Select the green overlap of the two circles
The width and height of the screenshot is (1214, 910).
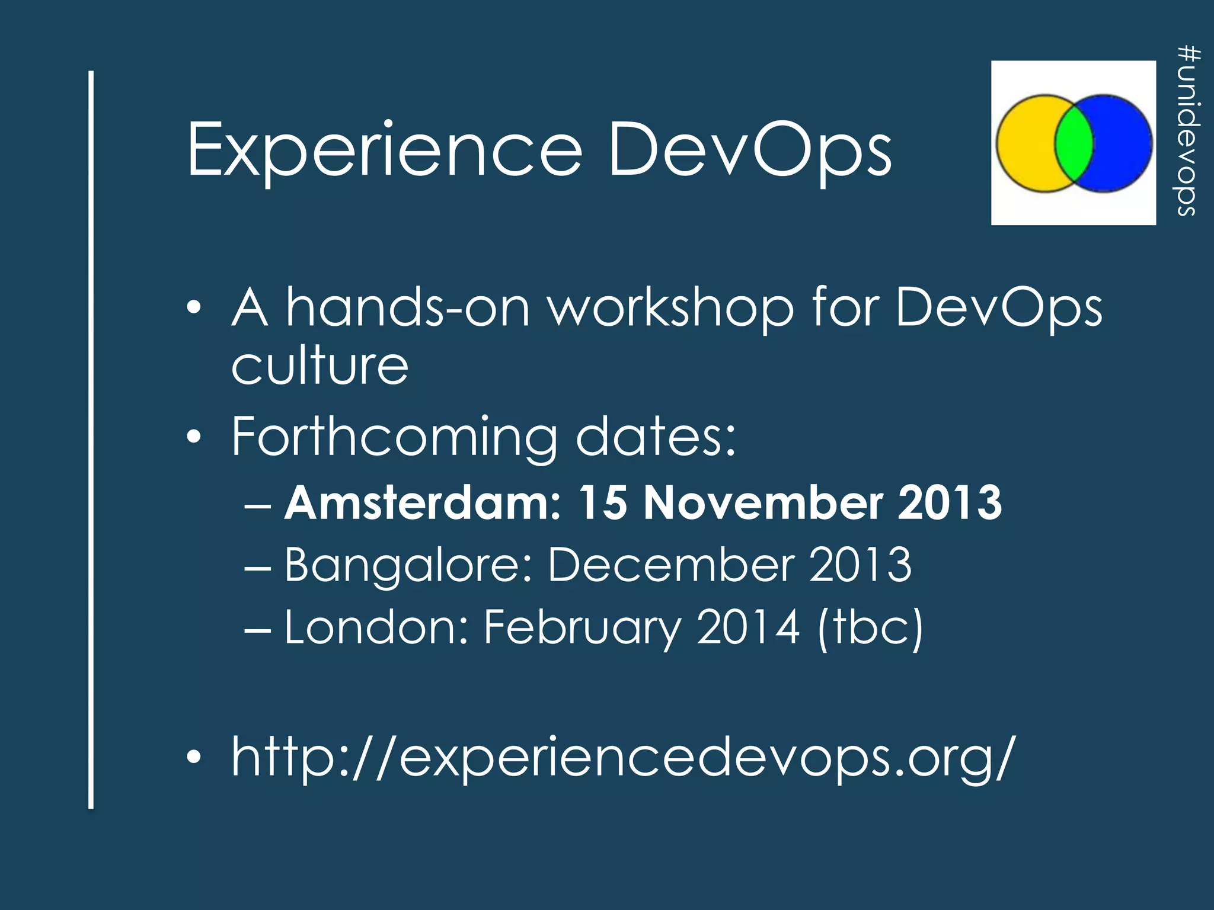pos(1074,142)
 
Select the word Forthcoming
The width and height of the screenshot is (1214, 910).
pos(394,438)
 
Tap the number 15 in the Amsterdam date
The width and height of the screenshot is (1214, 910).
pos(602,502)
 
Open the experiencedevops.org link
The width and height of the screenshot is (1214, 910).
pos(622,757)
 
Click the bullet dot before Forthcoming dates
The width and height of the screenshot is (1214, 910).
pos(193,438)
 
